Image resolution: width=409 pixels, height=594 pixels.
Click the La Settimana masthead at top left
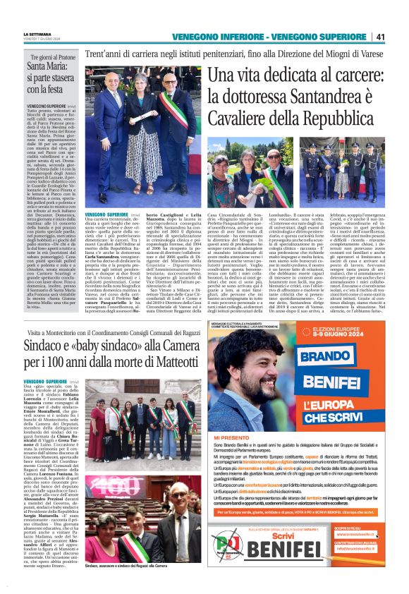click(38, 33)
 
